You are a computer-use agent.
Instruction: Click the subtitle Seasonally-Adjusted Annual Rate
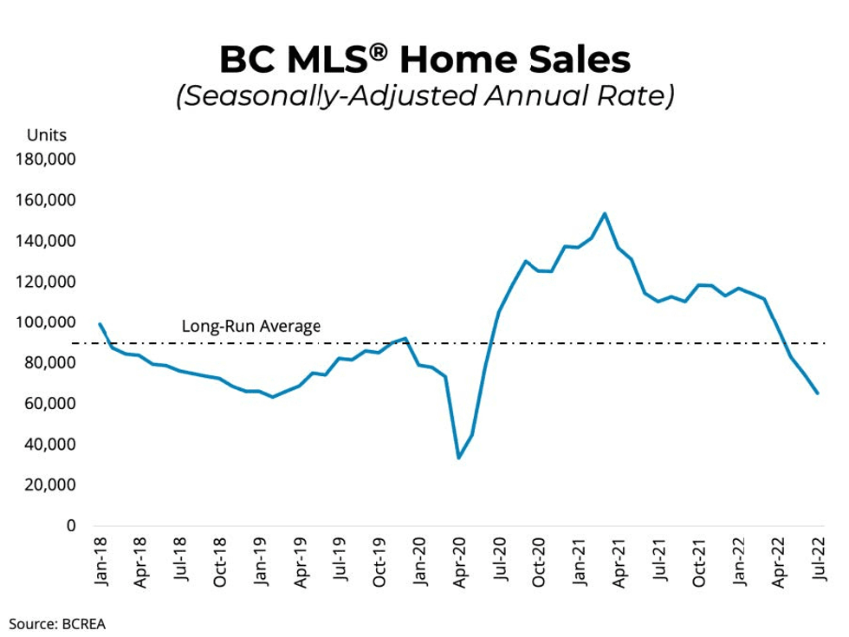(424, 94)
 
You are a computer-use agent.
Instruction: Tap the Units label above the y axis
(47, 135)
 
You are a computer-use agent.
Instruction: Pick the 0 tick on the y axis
(73, 526)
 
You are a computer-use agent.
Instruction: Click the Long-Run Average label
(250, 327)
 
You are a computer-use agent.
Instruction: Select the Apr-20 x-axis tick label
(459, 563)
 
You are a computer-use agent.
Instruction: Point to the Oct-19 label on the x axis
(380, 563)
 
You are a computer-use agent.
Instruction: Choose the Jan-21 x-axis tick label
(580, 563)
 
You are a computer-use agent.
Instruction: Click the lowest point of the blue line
(458, 458)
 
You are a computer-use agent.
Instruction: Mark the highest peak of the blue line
(605, 213)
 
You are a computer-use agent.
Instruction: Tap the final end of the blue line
(817, 393)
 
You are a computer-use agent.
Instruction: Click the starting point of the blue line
(100, 324)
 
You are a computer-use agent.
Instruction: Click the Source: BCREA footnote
(58, 621)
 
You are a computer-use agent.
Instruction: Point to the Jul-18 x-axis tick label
(181, 563)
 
